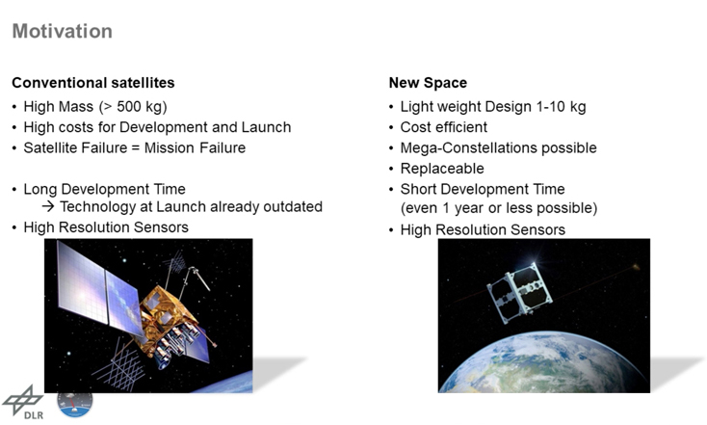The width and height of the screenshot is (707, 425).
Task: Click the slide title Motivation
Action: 62,32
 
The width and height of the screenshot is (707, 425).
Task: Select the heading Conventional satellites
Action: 92,83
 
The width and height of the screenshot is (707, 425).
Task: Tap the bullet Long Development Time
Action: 104,189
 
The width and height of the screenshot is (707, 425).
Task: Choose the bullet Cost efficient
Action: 444,127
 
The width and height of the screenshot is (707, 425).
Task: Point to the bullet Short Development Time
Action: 483,189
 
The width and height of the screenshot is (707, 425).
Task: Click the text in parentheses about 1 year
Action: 499,208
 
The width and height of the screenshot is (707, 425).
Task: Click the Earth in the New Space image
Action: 544,366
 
